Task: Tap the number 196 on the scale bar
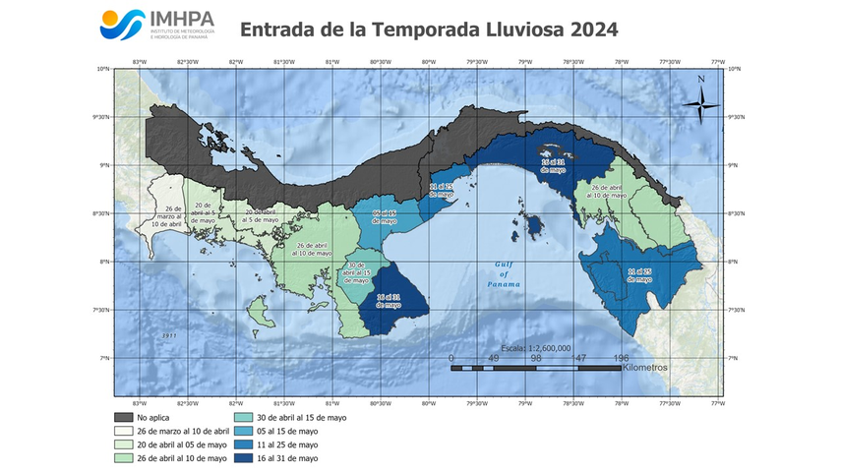point(621,358)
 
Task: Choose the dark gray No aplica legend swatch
point(123,418)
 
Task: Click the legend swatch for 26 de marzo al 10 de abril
point(123,432)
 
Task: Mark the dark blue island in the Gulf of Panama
point(533,227)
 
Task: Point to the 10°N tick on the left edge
point(102,69)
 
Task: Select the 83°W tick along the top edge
point(140,61)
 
